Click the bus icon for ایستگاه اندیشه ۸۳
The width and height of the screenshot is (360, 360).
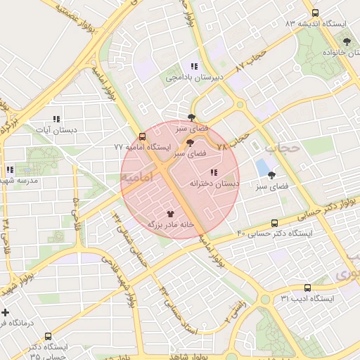[x=315, y=13]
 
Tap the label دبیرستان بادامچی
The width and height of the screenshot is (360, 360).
[x=194, y=78]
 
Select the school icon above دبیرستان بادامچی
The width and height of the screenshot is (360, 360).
[x=194, y=66]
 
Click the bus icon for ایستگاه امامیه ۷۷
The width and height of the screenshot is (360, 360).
[x=143, y=136]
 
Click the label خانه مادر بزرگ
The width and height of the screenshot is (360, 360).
[x=170, y=224]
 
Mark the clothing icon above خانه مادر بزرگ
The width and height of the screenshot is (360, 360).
[x=170, y=212]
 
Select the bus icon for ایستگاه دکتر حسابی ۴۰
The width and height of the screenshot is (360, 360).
[x=274, y=223]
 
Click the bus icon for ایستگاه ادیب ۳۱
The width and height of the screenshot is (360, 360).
[x=307, y=288]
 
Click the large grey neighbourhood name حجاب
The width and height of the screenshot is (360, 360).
[x=283, y=148]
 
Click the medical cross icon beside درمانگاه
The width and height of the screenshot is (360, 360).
[x=6, y=312]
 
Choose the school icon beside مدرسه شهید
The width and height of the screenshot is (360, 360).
[x=10, y=169]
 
